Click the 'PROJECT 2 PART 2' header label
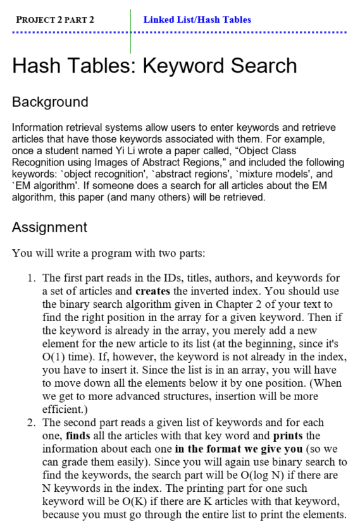55,20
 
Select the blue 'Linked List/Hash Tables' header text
197,20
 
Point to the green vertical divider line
131,32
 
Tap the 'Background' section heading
50,102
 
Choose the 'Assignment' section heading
49,227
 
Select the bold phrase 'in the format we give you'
230,449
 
